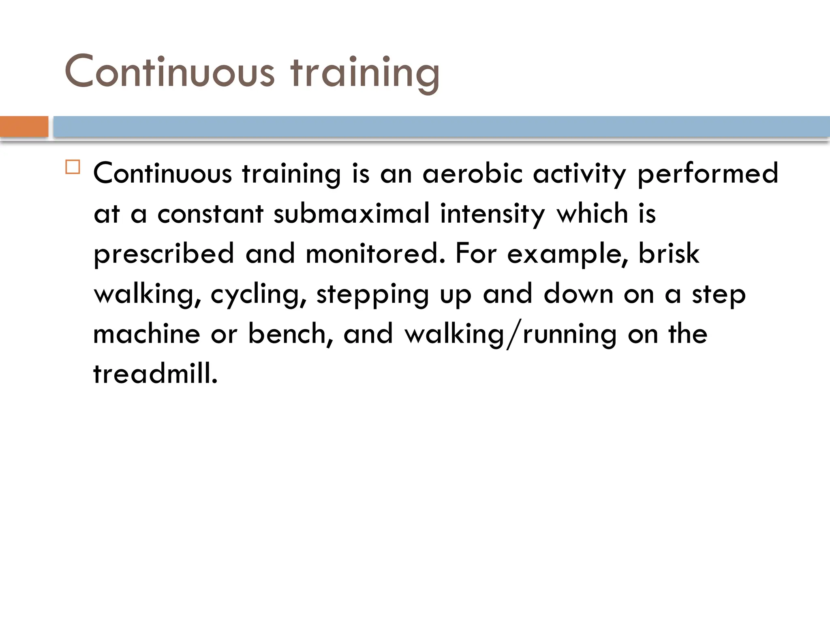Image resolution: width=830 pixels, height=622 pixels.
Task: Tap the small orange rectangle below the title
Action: pos(24,126)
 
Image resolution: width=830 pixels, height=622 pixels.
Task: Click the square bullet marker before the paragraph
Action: pos(73,167)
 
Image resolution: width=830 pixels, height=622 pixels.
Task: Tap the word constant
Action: pos(210,214)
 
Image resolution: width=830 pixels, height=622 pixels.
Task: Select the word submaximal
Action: pos(351,214)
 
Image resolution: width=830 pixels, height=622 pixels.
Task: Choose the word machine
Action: pos(147,334)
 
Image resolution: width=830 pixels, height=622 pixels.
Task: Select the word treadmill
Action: pos(156,373)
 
